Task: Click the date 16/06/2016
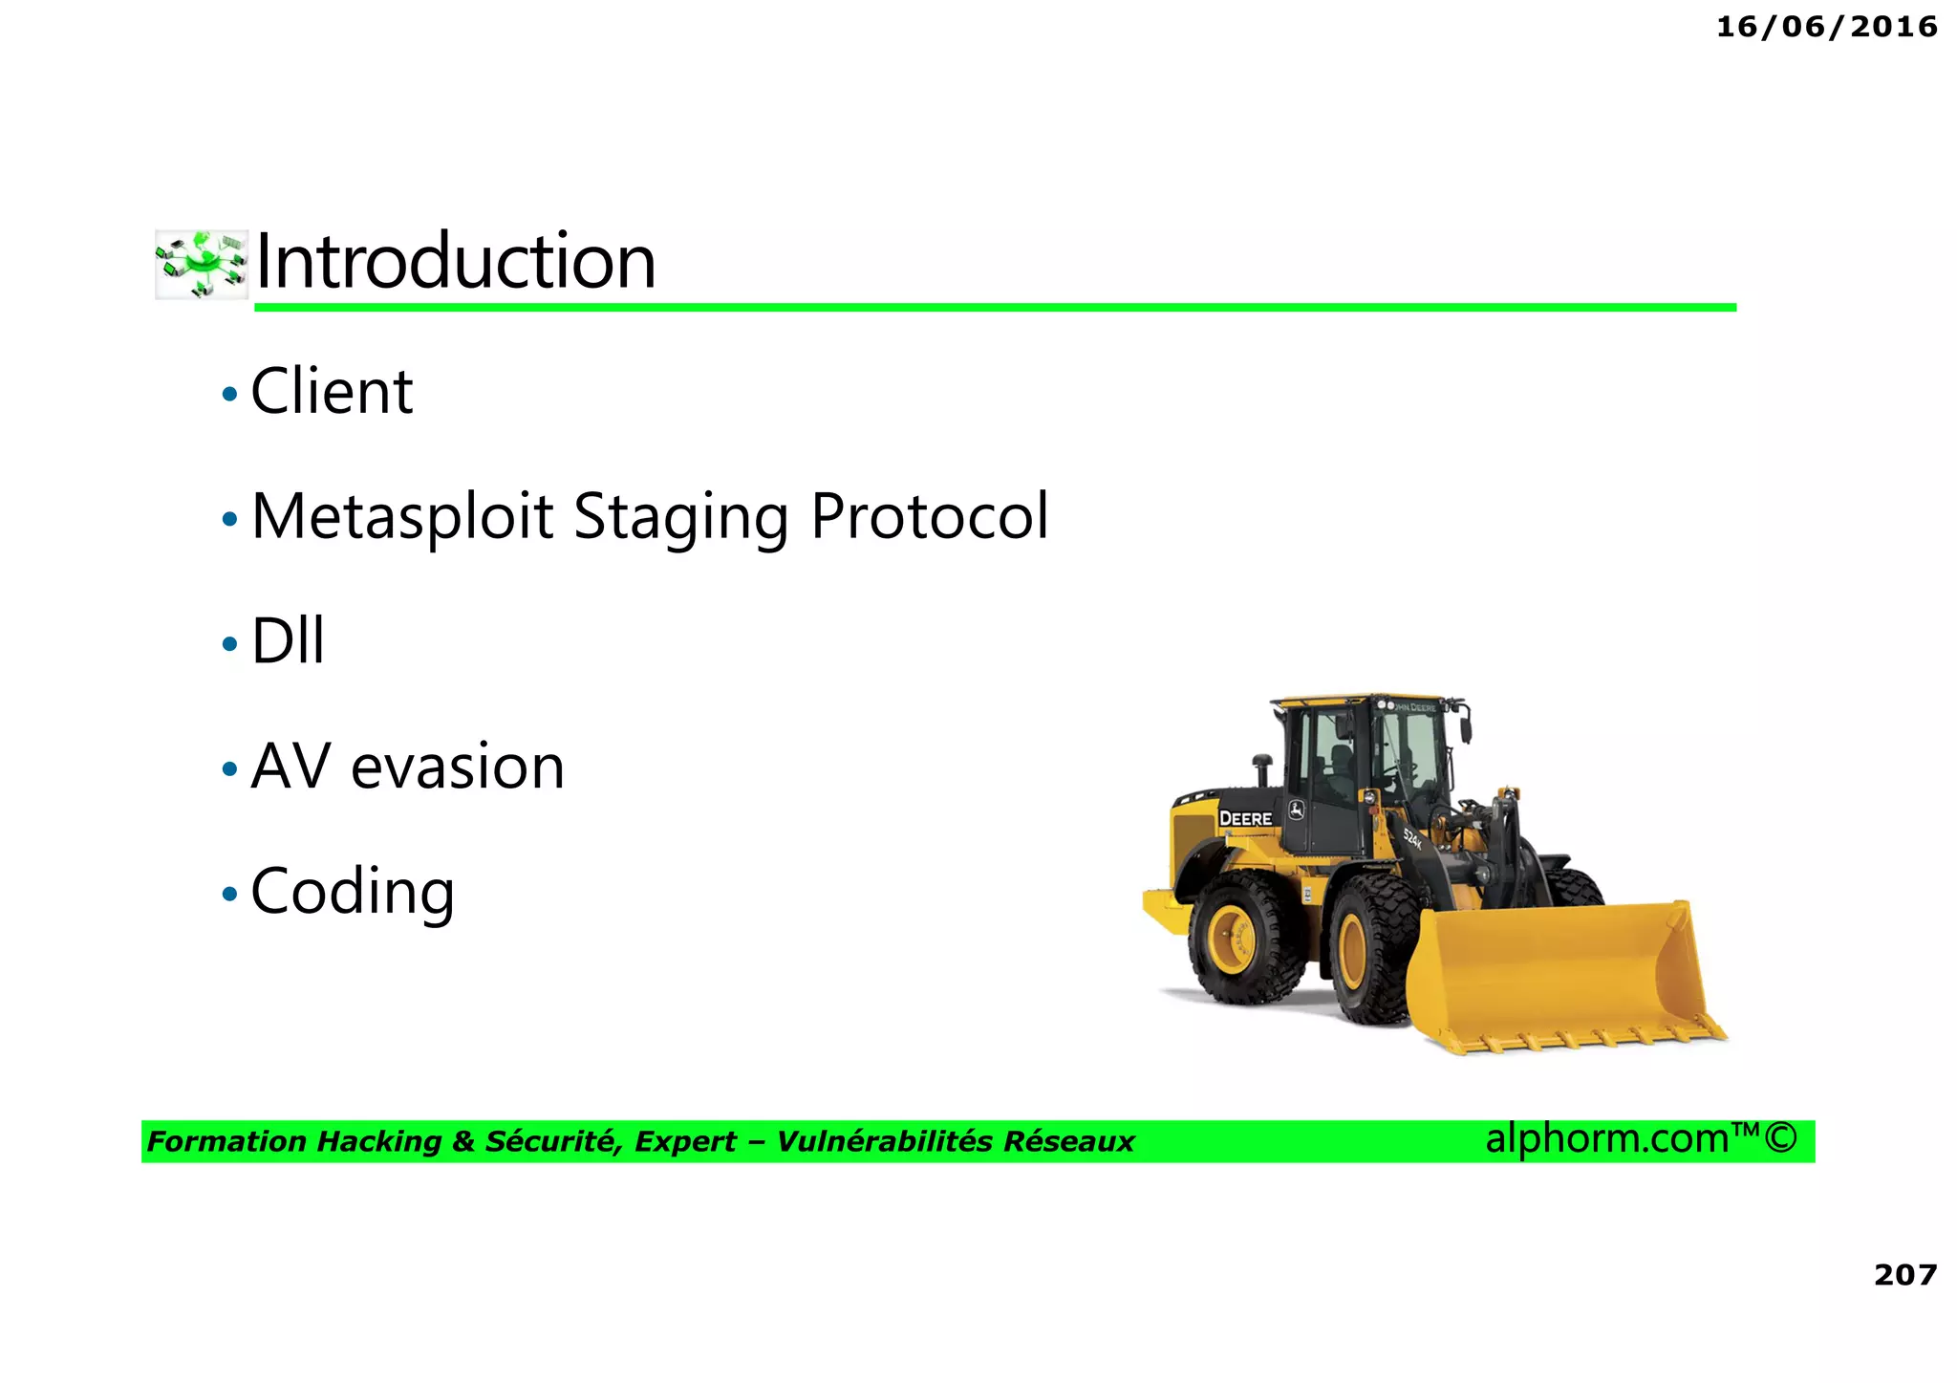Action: click(x=1826, y=27)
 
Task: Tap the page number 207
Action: click(x=1904, y=1274)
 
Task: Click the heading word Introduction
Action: click(x=456, y=262)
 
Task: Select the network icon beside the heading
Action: click(x=202, y=264)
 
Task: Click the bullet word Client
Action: click(x=332, y=392)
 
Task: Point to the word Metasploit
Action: click(x=402, y=517)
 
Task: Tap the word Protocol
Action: click(x=930, y=517)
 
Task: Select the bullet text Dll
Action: click(x=288, y=641)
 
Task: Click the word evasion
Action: click(x=458, y=767)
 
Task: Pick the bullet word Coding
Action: click(x=353, y=892)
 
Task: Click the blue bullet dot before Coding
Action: click(x=229, y=895)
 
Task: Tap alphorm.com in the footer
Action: click(x=1608, y=1138)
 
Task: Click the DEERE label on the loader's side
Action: click(x=1245, y=818)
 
